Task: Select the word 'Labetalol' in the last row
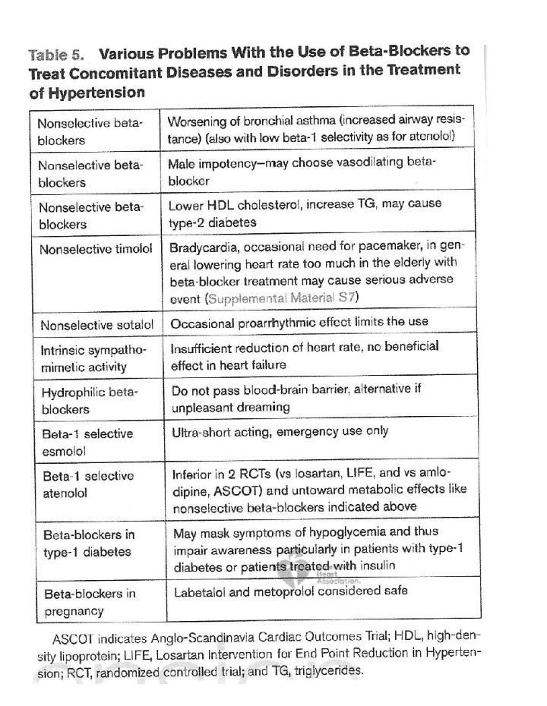click(198, 590)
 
